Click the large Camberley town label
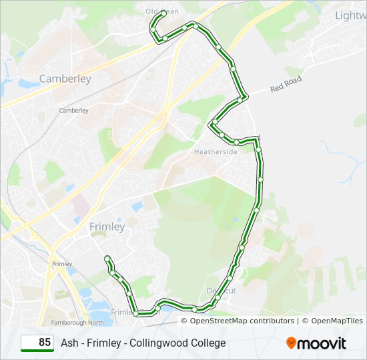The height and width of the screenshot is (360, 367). click(x=65, y=79)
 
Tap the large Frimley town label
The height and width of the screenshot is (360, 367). click(x=107, y=227)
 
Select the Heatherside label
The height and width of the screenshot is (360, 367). click(x=216, y=152)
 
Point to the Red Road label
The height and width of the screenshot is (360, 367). click(x=286, y=84)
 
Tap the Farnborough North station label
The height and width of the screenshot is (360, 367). click(x=79, y=323)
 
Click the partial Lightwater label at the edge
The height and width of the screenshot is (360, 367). click(x=350, y=15)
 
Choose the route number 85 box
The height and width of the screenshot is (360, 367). click(x=37, y=343)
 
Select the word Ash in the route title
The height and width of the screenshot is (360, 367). click(x=69, y=343)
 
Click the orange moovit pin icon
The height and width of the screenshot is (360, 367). click(x=291, y=343)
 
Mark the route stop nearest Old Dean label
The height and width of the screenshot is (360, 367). click(x=163, y=13)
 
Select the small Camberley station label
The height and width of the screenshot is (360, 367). click(x=73, y=111)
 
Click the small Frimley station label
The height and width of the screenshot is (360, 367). click(x=61, y=264)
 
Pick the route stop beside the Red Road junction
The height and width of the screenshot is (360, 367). click(x=245, y=97)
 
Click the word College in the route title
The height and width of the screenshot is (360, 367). click(x=208, y=343)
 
